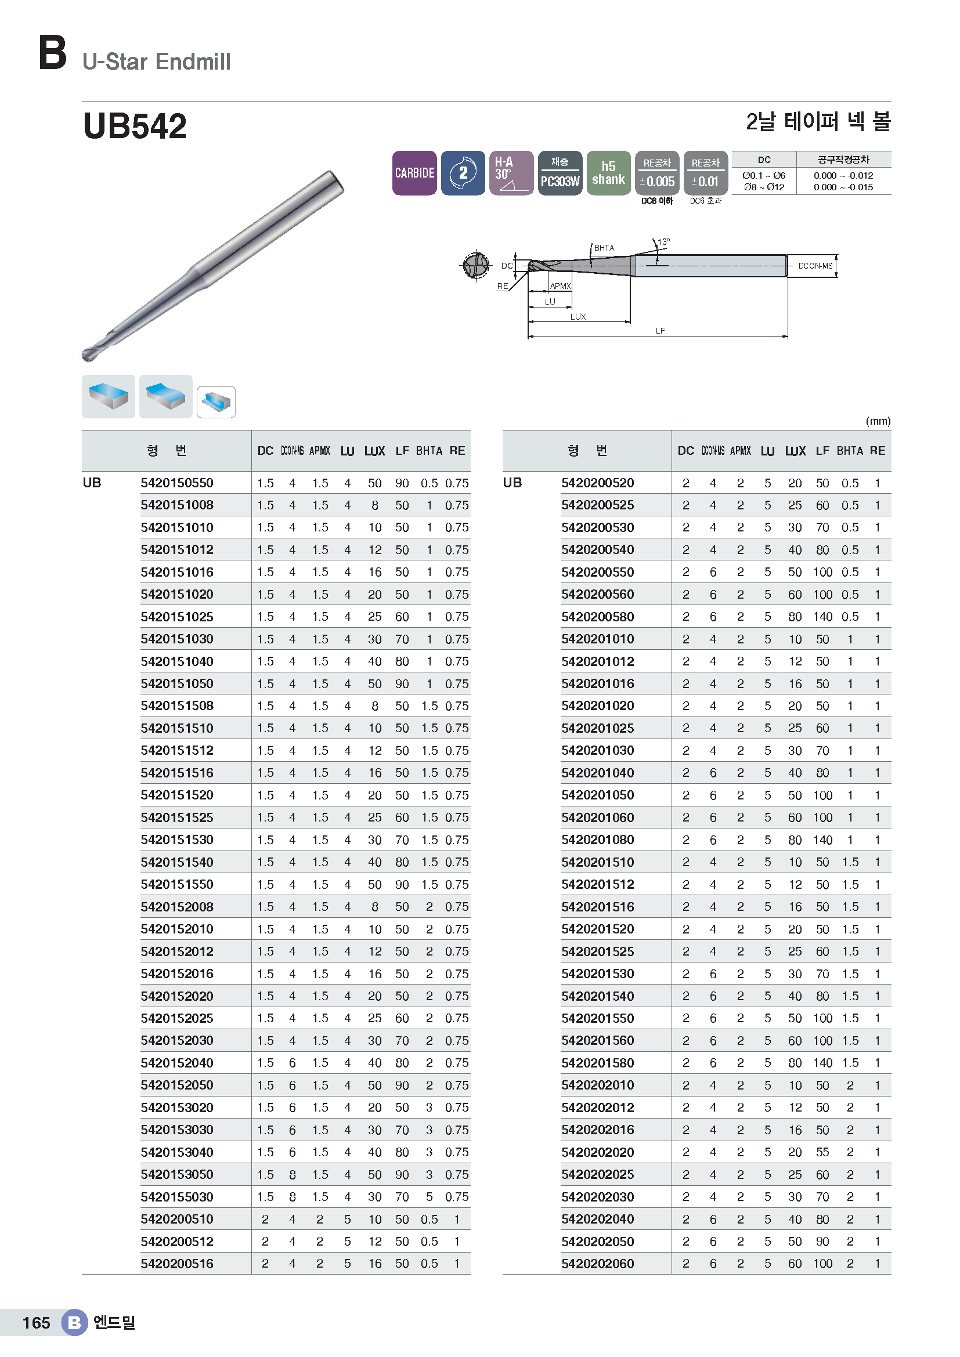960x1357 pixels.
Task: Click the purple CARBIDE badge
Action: (414, 172)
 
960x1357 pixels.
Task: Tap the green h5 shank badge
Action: (608, 172)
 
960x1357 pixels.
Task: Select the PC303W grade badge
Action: (560, 172)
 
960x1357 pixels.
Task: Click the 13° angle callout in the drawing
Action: (664, 242)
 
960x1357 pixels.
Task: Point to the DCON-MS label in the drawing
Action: (815, 266)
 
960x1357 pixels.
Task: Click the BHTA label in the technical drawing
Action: (604, 248)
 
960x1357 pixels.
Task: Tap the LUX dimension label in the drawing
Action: (578, 317)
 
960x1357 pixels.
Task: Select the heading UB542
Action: (135, 126)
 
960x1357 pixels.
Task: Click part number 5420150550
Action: (177, 483)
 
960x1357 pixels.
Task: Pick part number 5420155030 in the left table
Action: (177, 1197)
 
